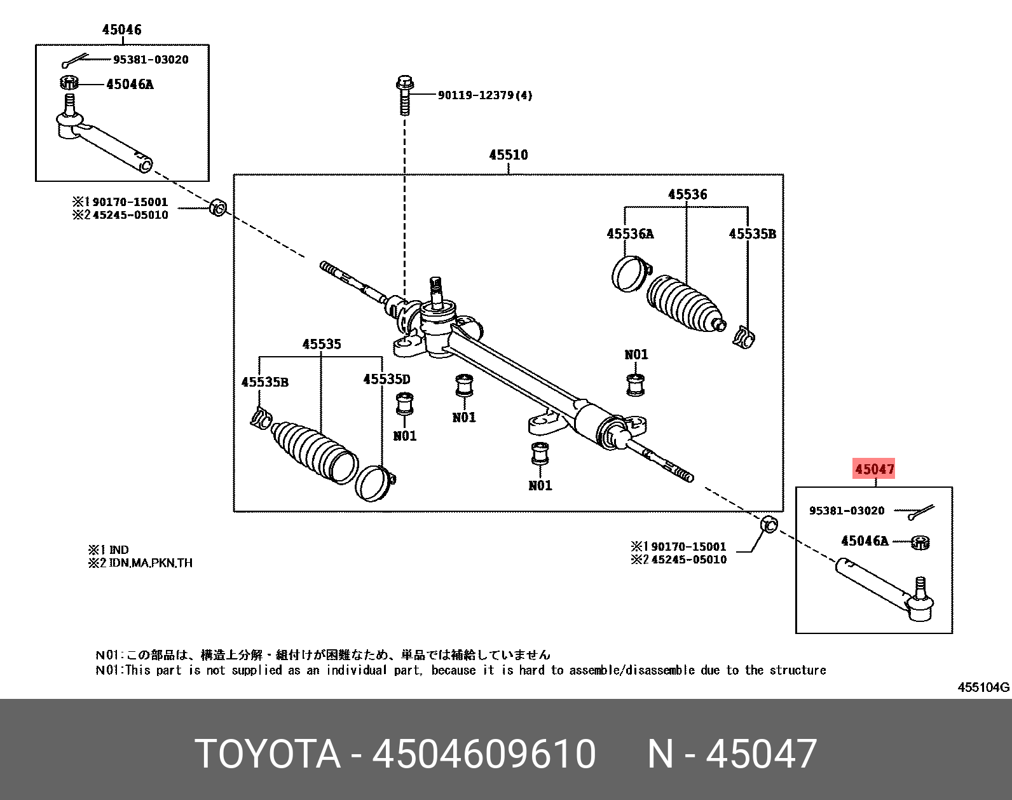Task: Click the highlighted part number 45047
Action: pos(875,469)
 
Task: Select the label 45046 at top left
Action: pos(121,29)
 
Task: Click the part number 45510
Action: pos(508,155)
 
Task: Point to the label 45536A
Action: pos(630,234)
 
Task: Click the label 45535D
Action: pos(386,380)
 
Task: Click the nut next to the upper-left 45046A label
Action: pos(69,83)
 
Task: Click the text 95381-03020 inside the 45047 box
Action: pos(846,511)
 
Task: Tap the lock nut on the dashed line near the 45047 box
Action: pos(769,525)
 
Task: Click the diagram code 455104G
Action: pos(983,687)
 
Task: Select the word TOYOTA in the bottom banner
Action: pos(268,754)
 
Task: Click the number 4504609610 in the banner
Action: pos(484,754)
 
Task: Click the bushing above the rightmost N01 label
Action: pos(635,384)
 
